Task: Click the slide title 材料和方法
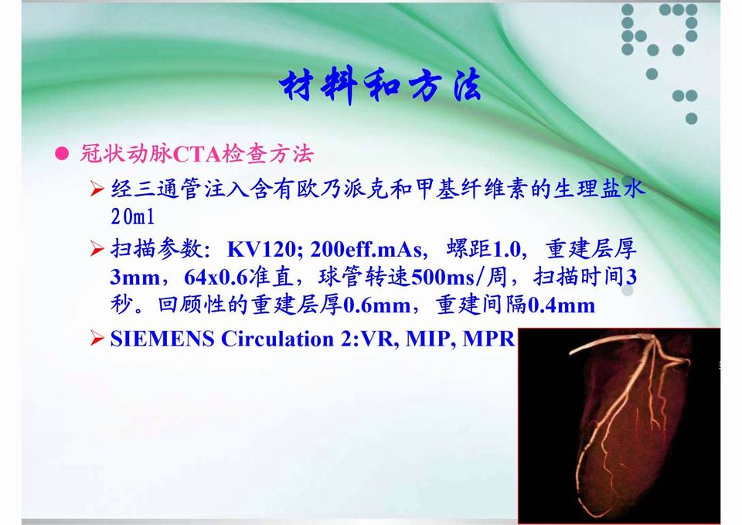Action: [380, 85]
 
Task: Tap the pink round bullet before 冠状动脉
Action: [62, 153]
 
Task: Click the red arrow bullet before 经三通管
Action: [97, 189]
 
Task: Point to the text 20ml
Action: [133, 216]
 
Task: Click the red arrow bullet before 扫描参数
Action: [97, 248]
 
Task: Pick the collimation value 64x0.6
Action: [216, 278]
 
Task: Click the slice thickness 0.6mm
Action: [376, 305]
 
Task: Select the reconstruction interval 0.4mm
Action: [561, 305]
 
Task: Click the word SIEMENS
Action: [162, 339]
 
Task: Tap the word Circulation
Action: [277, 339]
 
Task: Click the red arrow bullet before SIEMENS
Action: [97, 339]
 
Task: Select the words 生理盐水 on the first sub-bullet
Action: [599, 189]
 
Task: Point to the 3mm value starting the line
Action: [134, 278]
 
